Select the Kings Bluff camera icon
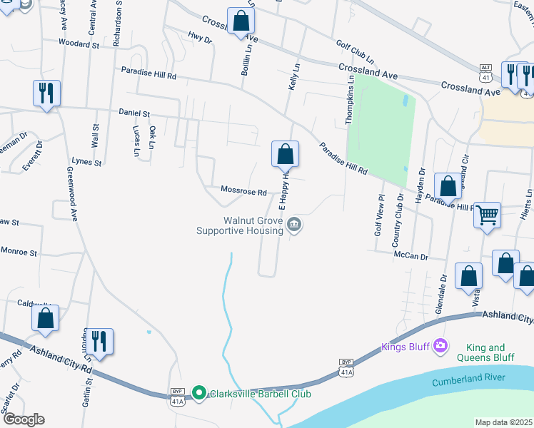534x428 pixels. point(440,347)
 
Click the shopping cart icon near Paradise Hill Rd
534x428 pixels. point(487,214)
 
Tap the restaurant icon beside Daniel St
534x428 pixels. point(46,93)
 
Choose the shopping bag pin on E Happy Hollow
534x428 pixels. point(285,153)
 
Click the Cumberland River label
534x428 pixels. point(468,379)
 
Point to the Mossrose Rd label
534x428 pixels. point(243,192)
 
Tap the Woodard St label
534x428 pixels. point(79,44)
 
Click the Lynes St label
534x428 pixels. point(86,162)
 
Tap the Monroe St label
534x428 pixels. point(19,252)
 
